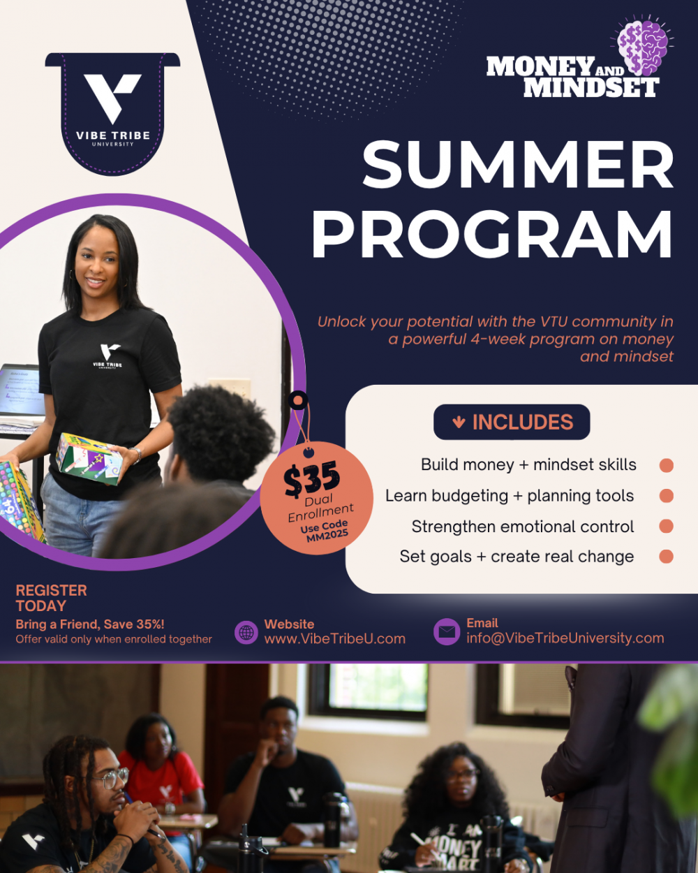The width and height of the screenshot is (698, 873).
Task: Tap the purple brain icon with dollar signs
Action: [642, 47]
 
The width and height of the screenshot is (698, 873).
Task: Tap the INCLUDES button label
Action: [522, 422]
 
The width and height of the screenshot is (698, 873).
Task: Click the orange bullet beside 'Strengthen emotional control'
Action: [666, 526]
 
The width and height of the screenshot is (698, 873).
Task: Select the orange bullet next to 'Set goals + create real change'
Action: [666, 556]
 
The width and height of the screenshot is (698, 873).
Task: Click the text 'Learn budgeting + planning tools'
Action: [510, 496]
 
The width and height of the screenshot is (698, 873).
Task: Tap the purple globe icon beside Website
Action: [246, 633]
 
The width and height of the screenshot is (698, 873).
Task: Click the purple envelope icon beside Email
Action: [447, 631]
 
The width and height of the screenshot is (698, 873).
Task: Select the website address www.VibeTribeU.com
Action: [334, 639]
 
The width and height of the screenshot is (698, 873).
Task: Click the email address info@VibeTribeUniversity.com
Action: [565, 638]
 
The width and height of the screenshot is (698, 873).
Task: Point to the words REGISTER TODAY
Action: [51, 598]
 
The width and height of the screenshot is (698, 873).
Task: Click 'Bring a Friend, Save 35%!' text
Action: [90, 624]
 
